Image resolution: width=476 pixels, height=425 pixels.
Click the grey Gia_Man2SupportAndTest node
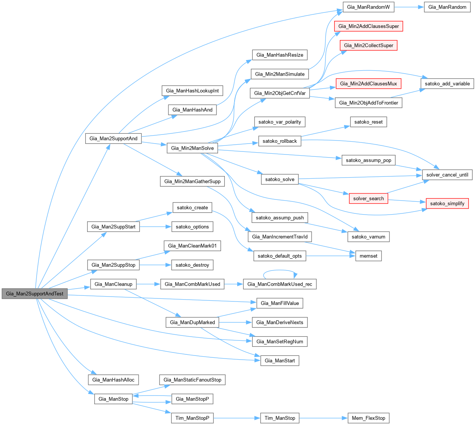(x=35, y=294)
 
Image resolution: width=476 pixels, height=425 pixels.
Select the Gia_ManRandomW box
(x=369, y=7)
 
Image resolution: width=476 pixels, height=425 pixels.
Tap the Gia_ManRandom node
(x=447, y=7)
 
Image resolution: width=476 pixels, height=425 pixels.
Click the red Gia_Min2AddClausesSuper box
(x=369, y=26)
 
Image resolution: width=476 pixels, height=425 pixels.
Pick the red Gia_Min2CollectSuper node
(x=369, y=45)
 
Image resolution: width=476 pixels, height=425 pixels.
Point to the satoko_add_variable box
(x=447, y=83)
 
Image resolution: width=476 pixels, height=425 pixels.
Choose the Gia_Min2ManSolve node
(x=192, y=148)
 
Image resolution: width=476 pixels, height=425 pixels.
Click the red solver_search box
(x=368, y=198)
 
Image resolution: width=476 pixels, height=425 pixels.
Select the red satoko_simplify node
(x=447, y=203)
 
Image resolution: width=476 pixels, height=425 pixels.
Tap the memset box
(x=368, y=256)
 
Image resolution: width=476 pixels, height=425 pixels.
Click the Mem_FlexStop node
(x=368, y=418)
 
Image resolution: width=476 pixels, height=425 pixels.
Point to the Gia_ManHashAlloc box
(x=113, y=380)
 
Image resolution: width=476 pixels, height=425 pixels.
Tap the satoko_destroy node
(x=192, y=265)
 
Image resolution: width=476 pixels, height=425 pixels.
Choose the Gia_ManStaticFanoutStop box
(x=192, y=380)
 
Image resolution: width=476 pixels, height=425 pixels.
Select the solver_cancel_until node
(x=447, y=175)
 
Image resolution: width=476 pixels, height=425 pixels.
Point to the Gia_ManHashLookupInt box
(x=192, y=91)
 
